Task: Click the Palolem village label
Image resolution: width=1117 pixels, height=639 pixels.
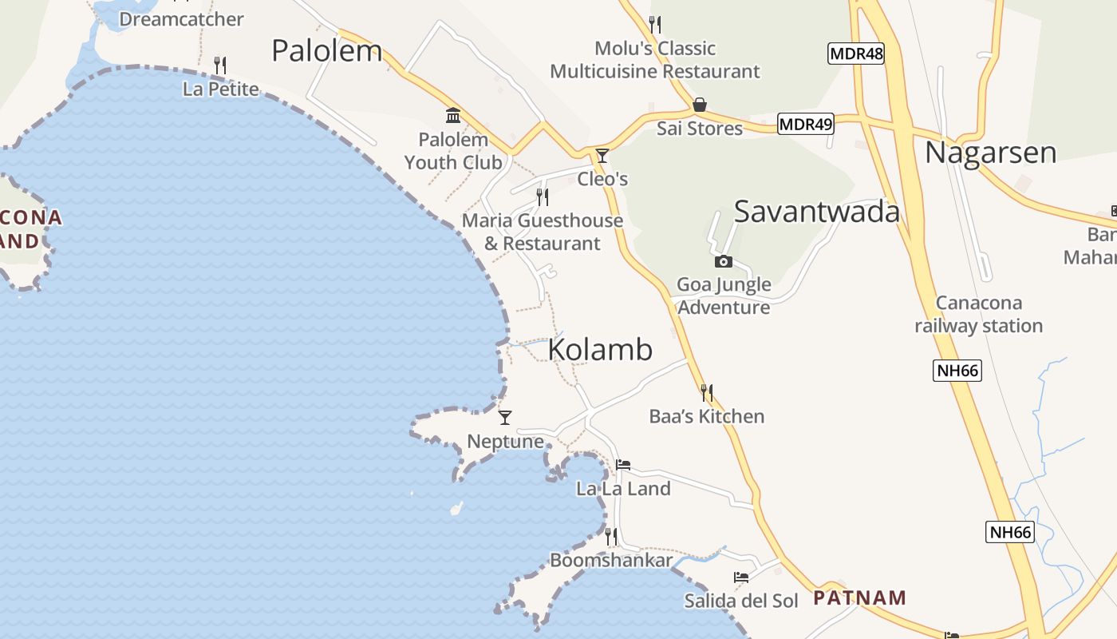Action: click(x=327, y=50)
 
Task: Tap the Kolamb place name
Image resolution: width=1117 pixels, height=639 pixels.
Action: click(x=600, y=350)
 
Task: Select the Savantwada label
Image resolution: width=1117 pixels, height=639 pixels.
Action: click(x=816, y=211)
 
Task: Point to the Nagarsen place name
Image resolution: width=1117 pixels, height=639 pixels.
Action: click(x=990, y=152)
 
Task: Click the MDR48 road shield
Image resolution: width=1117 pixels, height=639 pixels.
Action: click(x=856, y=54)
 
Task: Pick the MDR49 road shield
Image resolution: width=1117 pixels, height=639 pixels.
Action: click(x=805, y=124)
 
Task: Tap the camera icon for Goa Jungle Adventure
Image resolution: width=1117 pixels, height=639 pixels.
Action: click(x=724, y=261)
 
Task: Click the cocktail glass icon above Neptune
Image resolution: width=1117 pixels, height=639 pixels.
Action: click(x=505, y=418)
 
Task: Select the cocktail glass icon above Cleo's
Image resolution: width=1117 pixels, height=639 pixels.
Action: click(x=602, y=156)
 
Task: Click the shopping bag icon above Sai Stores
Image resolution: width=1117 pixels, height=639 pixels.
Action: click(x=700, y=105)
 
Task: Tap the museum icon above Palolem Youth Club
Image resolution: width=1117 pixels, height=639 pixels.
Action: click(x=453, y=116)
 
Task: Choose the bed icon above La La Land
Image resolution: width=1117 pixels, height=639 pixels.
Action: click(x=623, y=465)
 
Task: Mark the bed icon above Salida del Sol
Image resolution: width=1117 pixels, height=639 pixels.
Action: click(x=741, y=577)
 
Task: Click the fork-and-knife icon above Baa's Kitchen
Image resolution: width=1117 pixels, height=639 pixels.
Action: click(x=707, y=392)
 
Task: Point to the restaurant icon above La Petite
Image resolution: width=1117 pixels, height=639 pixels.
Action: click(x=220, y=65)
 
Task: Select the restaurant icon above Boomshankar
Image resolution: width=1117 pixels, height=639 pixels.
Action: click(x=611, y=536)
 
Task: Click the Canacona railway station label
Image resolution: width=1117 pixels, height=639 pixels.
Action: click(x=978, y=314)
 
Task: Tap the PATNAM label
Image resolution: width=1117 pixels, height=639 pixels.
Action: click(x=859, y=597)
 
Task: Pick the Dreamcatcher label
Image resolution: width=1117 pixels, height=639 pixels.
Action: click(x=181, y=18)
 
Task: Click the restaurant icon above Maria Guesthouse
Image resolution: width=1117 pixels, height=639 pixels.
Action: click(x=543, y=196)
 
